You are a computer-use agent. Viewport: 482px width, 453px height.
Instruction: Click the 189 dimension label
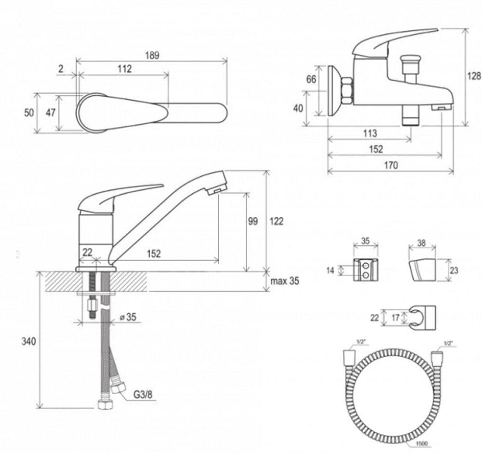point(152,55)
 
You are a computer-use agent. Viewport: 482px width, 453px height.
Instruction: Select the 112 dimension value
point(124,68)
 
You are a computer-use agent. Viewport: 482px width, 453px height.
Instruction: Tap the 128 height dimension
point(474,76)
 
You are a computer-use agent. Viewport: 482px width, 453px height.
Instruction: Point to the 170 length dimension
point(391,165)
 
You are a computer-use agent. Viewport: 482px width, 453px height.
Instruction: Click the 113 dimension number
point(370,133)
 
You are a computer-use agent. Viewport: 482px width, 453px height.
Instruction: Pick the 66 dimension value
point(311,80)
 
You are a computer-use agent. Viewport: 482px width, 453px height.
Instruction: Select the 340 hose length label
point(28,342)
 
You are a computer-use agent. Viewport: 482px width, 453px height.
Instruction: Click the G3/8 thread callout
point(143,394)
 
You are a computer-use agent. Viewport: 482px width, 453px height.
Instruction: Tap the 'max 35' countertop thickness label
point(285,281)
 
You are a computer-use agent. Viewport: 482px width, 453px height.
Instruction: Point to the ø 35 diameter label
point(128,317)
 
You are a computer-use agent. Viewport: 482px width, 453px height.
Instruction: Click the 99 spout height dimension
point(253,221)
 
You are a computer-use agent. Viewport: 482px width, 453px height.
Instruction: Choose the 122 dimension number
point(276,221)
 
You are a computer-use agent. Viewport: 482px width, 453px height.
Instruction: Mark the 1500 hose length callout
point(422,443)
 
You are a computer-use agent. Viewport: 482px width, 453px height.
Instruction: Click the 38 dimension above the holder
point(421,243)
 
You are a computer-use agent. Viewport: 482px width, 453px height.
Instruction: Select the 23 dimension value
point(454,270)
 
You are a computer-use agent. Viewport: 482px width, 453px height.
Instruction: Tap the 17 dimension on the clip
point(396,317)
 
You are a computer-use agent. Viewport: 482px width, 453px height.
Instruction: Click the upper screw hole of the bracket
point(366,265)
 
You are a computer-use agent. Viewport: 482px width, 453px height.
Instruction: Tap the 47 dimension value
point(51,112)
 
